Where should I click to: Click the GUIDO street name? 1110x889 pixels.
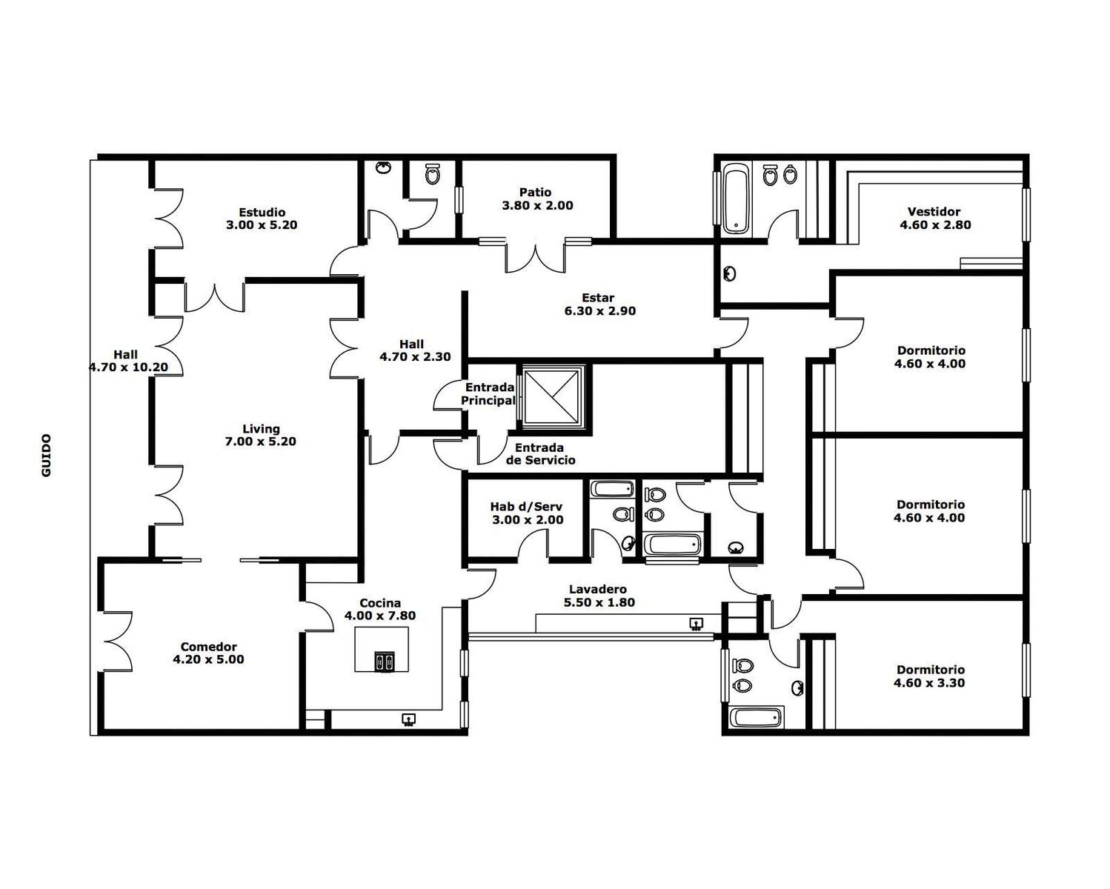pos(47,456)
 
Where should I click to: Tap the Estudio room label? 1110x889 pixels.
pos(262,212)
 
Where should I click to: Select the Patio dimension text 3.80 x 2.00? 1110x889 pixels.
pos(537,205)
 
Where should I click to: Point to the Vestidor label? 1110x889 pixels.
pos(934,211)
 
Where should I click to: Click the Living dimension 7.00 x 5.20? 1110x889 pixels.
pos(261,442)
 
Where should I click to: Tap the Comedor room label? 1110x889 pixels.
pos(208,647)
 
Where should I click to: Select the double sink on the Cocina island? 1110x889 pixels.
pos(385,662)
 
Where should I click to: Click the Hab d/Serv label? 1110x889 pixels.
pos(526,507)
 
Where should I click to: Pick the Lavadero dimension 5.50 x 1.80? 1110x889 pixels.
pos(599,602)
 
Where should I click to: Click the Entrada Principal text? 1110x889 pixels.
pos(488,393)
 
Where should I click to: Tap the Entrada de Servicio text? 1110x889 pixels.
pos(540,454)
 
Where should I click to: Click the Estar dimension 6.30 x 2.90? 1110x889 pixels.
pos(600,311)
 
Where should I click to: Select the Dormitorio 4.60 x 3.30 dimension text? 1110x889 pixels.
pos(929,683)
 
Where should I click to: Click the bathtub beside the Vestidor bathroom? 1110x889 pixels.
pos(736,198)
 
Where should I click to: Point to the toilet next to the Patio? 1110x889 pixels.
pos(432,174)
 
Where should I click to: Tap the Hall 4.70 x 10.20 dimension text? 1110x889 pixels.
pos(128,367)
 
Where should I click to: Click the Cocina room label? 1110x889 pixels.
pos(380,603)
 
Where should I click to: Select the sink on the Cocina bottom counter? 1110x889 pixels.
pos(409,719)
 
